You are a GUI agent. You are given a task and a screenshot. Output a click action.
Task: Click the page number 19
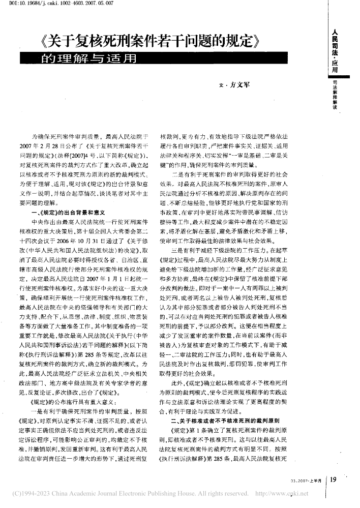[x=335, y=480]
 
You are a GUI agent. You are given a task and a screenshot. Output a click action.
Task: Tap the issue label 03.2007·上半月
[x=307, y=481]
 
